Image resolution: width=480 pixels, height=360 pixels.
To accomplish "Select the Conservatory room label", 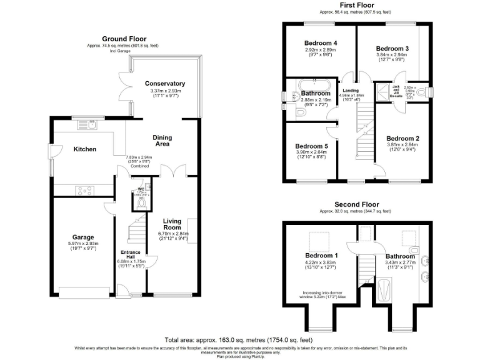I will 165,83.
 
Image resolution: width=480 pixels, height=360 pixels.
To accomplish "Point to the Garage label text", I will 82,237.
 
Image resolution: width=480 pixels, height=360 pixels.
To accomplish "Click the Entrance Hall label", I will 131,256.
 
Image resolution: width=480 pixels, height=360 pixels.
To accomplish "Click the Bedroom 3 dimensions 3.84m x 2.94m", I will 392,55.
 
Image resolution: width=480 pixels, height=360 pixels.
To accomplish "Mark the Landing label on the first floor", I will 349,90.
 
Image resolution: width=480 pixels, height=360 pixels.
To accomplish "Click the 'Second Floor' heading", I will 356,204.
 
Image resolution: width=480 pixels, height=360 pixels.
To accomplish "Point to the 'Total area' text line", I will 239,339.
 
